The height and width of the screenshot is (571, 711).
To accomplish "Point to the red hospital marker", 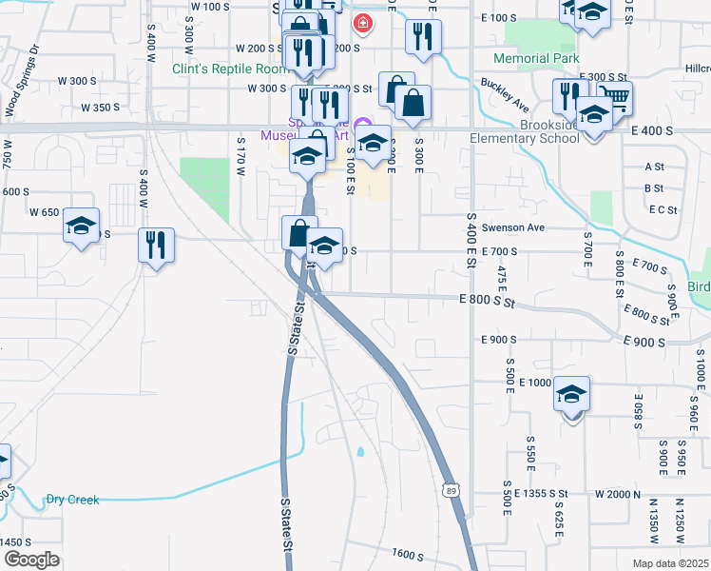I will pos(362,22).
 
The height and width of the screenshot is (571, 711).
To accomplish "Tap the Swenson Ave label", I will pos(512,228).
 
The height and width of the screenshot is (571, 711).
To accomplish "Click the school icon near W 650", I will pos(82,226).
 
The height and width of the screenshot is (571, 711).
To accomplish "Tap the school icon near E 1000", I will pos(572,393).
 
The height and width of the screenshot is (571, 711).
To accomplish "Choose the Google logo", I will pos(31,560).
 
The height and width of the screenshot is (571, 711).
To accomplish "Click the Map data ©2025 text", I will pos(671,563).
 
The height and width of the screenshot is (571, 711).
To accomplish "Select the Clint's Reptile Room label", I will pos(229,69).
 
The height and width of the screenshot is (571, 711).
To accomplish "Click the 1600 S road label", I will pos(407,553).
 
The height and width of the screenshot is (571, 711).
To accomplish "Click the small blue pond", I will pos(361,452).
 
